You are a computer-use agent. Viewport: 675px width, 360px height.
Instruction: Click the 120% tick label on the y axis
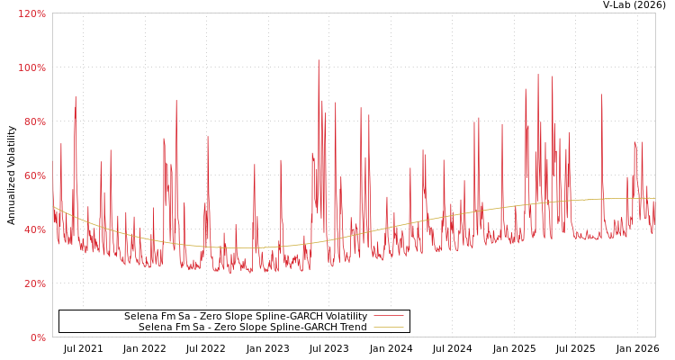click(31, 13)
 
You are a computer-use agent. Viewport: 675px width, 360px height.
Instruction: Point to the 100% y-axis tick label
click(31, 67)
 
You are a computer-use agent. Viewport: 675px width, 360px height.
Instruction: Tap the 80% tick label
click(33, 121)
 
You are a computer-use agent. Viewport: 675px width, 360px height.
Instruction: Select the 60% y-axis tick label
click(33, 175)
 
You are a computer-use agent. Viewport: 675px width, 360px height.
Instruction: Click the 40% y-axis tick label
click(33, 229)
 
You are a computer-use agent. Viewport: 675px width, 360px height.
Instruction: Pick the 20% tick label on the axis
click(33, 283)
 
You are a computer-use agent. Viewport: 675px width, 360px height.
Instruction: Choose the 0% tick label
click(37, 337)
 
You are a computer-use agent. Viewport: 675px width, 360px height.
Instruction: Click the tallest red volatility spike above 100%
click(318, 61)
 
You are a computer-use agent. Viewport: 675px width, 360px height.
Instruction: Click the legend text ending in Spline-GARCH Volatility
click(245, 316)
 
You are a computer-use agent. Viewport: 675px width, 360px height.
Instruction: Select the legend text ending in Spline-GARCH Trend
click(252, 327)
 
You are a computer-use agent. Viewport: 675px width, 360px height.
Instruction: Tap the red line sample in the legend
click(388, 316)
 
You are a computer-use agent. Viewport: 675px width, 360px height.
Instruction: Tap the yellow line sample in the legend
click(388, 327)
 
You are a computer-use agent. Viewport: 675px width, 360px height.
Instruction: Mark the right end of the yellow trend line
click(654, 198)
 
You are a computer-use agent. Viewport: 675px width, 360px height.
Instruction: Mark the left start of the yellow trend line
click(53, 206)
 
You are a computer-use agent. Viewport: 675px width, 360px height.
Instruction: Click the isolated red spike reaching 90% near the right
click(601, 95)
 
